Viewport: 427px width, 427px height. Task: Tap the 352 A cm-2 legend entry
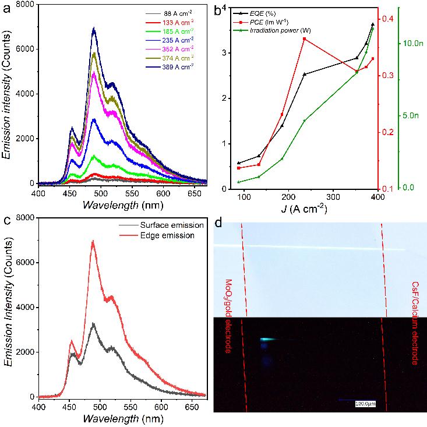[176, 48]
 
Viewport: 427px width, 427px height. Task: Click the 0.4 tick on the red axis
[387, 19]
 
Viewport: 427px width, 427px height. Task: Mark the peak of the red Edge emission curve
[93, 241]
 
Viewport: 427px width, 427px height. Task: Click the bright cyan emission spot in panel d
[269, 340]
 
